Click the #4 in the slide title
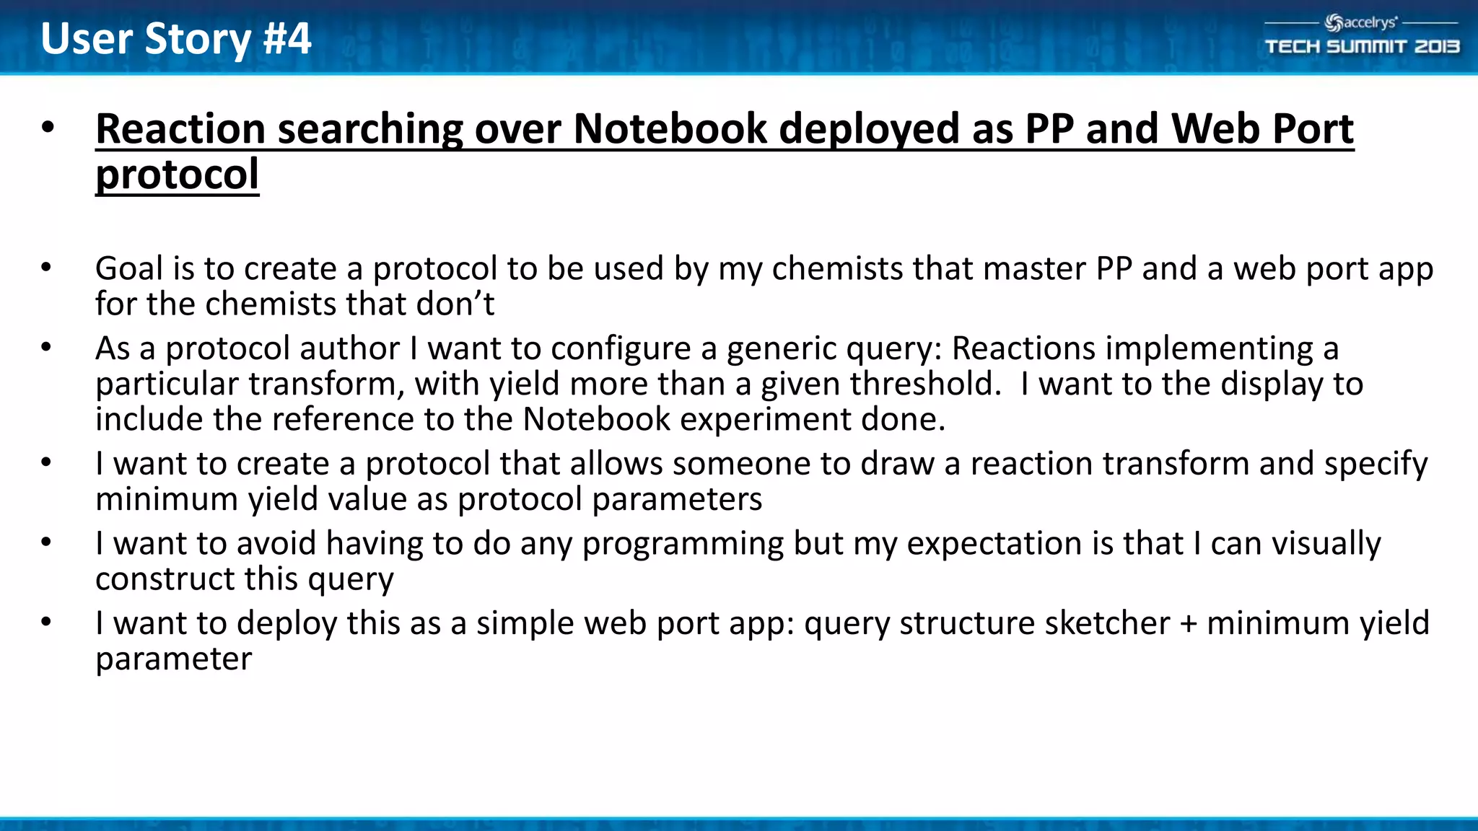coord(287,38)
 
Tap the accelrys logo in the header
coord(1361,23)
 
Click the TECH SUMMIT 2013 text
coord(1362,47)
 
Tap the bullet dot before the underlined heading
coord(48,128)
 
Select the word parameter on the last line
coord(173,659)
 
